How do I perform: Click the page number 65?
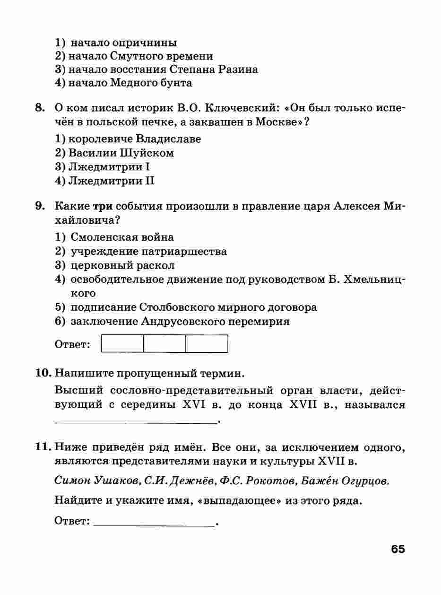click(398, 549)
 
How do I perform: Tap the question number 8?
click(40, 108)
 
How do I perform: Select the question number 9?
click(40, 206)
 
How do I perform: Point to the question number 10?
click(43, 373)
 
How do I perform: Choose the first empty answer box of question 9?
click(122, 344)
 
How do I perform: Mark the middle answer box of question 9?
click(164, 344)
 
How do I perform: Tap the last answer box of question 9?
click(207, 344)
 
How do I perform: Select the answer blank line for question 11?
click(154, 522)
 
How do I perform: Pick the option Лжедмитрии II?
click(112, 181)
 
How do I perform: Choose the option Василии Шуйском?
click(121, 153)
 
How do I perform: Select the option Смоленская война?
click(122, 237)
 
